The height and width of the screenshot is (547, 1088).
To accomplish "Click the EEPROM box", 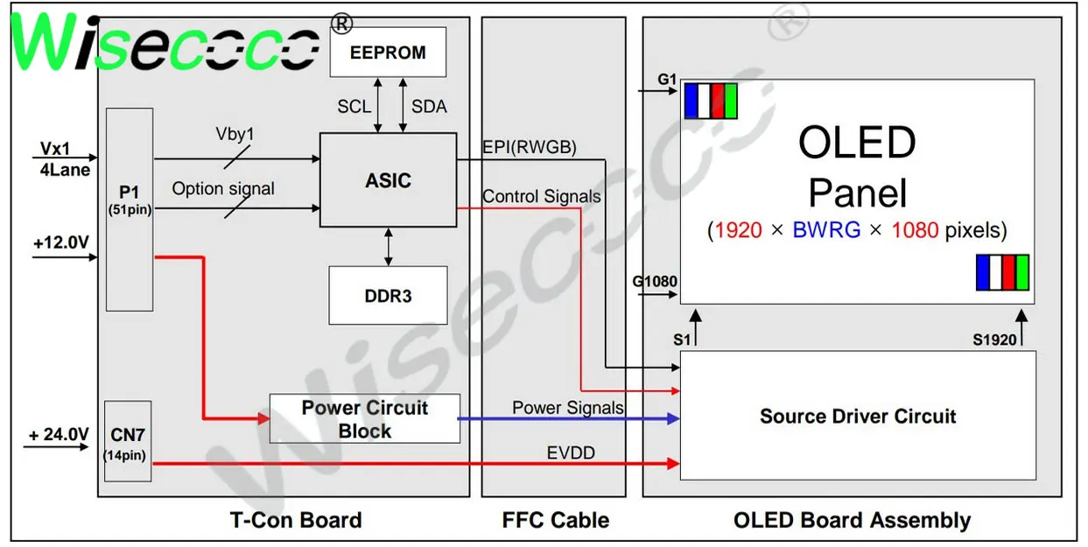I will click(x=388, y=52).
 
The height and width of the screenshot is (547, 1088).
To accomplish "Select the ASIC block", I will click(x=388, y=181).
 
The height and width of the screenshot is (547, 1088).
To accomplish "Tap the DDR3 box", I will click(x=388, y=295).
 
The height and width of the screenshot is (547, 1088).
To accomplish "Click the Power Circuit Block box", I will click(x=364, y=418).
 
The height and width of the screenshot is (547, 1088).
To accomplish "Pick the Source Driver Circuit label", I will click(x=857, y=417).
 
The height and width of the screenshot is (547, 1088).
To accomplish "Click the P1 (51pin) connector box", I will click(x=130, y=209).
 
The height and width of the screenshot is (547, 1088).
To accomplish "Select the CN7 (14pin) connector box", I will click(x=128, y=441).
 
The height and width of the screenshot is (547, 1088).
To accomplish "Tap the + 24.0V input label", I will click(x=59, y=434).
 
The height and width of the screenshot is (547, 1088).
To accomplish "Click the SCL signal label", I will click(x=354, y=107).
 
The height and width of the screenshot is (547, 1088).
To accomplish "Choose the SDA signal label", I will click(x=429, y=107).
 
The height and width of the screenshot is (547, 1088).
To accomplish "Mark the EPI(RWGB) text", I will click(x=530, y=148).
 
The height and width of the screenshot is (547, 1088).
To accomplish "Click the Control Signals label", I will click(x=542, y=197).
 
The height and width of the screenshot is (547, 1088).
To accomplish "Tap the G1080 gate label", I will click(x=656, y=282).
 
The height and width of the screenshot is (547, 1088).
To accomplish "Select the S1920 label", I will click(x=995, y=339).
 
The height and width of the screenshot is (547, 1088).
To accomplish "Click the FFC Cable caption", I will click(x=555, y=521).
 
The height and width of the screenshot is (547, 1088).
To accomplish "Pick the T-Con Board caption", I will click(x=296, y=521).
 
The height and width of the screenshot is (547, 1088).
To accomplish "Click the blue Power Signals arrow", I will click(x=569, y=418).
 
